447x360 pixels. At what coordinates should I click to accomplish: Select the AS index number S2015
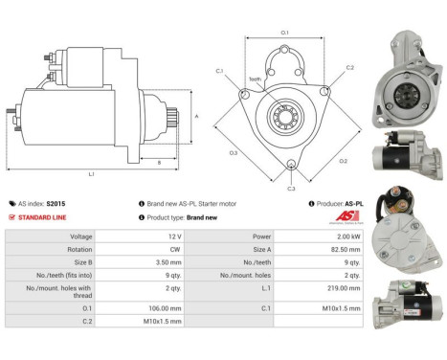(x=56, y=204)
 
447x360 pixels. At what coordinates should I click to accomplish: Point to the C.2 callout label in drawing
(x=349, y=68)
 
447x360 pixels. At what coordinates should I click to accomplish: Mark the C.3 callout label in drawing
(x=291, y=189)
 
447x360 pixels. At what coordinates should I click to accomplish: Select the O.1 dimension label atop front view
(x=284, y=33)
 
